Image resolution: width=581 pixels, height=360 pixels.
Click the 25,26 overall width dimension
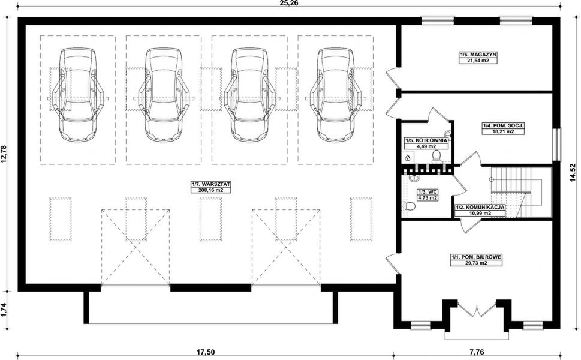[x=290, y=4]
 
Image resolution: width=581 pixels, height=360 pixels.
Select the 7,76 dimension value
[x=475, y=352]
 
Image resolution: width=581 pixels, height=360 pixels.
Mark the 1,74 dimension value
[x=4, y=309]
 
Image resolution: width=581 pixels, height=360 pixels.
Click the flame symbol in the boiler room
[x=408, y=158]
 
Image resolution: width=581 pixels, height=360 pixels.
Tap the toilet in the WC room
[x=407, y=206]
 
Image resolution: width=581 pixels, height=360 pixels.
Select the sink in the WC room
[x=413, y=178]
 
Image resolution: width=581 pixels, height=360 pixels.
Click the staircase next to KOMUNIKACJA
[x=516, y=192]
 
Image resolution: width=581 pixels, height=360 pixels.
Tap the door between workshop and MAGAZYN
[x=393, y=78]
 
